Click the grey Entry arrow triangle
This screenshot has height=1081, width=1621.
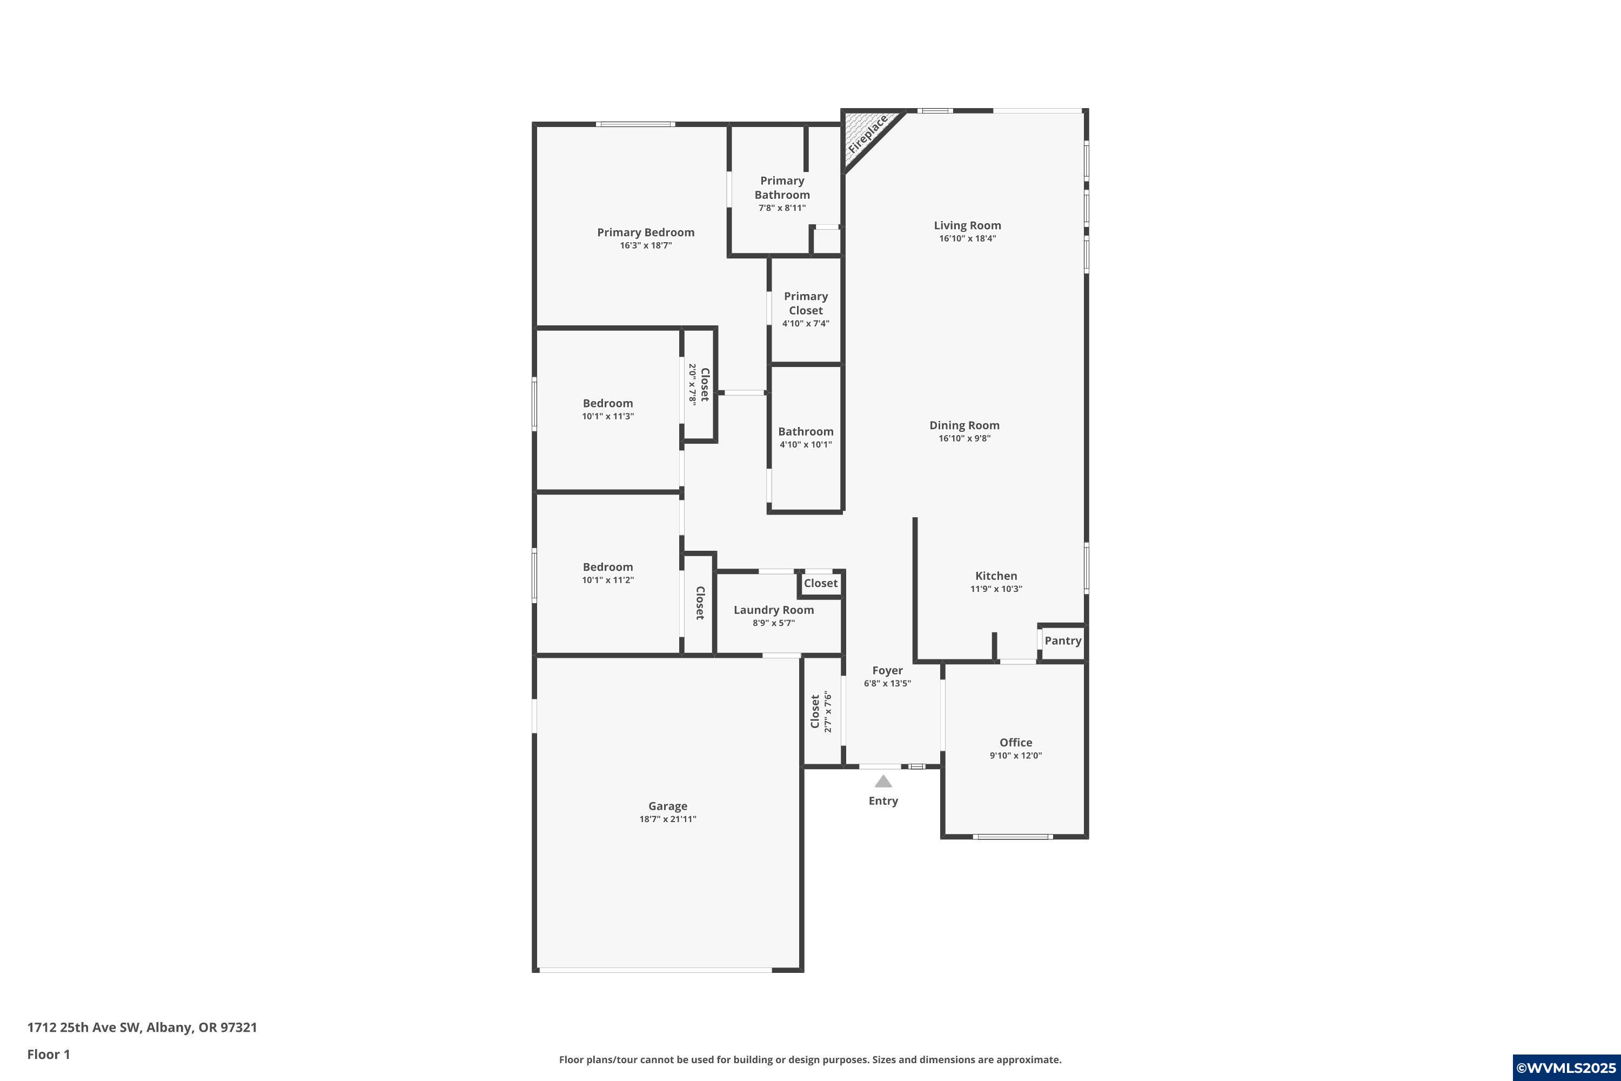point(883,781)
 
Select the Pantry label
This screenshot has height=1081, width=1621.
point(1063,640)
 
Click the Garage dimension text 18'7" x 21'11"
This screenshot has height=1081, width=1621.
point(668,819)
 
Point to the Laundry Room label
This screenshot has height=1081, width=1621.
point(773,610)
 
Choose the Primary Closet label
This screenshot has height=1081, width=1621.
point(806,303)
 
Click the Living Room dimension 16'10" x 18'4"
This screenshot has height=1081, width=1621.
point(968,238)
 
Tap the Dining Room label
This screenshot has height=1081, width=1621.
point(964,425)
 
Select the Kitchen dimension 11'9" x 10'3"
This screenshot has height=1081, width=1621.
point(996,589)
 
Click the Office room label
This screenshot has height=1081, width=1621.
point(1016,743)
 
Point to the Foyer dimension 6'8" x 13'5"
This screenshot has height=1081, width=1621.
point(888,683)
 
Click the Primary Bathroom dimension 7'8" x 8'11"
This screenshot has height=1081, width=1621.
point(782,208)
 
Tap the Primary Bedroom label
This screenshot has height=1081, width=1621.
point(646,232)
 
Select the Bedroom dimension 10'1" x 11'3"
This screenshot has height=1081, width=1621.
point(608,416)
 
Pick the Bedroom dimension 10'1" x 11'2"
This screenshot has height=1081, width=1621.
point(608,580)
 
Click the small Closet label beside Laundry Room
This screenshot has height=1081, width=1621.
point(821,583)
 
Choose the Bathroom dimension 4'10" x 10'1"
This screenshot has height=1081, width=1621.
point(806,445)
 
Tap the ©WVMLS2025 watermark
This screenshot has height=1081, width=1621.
point(1566,1067)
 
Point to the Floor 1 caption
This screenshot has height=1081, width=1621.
point(48,1054)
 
